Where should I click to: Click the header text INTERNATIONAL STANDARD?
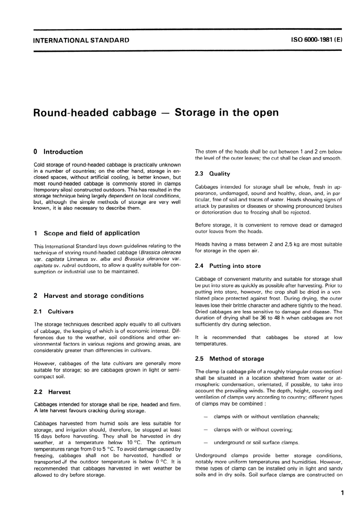[x=81, y=40]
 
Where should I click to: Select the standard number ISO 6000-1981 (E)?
[x=316, y=40]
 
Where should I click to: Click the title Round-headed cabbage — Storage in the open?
[x=156, y=113]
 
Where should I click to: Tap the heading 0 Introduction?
[x=58, y=152]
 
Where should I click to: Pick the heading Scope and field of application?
[x=91, y=233]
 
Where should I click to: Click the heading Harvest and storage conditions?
[x=94, y=296]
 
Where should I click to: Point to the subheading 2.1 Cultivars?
[x=53, y=312]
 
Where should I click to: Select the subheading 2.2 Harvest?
[x=52, y=392]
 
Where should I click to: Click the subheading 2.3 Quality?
[x=212, y=174]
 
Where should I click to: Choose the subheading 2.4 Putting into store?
[x=228, y=266]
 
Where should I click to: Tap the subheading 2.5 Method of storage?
[x=229, y=359]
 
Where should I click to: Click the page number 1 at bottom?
[x=342, y=493]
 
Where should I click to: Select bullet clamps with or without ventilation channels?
[x=266, y=417]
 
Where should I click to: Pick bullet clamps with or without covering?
[x=253, y=429]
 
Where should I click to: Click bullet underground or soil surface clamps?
[x=256, y=442]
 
